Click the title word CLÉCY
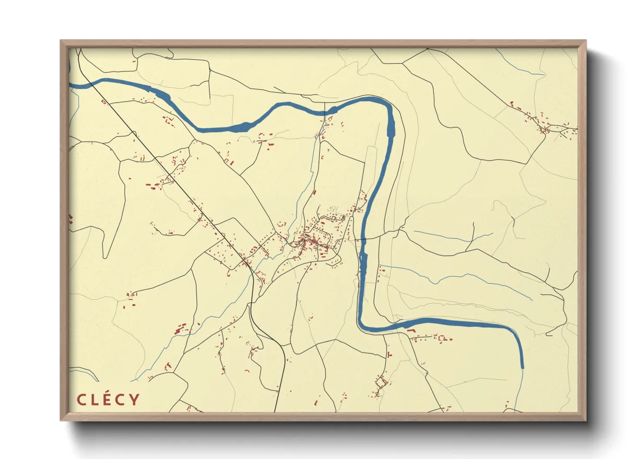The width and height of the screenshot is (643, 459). [108, 399]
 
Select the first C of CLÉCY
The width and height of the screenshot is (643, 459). [82, 400]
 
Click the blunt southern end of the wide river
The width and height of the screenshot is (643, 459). [522, 367]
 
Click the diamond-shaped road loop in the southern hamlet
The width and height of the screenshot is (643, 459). [381, 382]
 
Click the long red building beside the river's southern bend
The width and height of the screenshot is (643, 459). [411, 331]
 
